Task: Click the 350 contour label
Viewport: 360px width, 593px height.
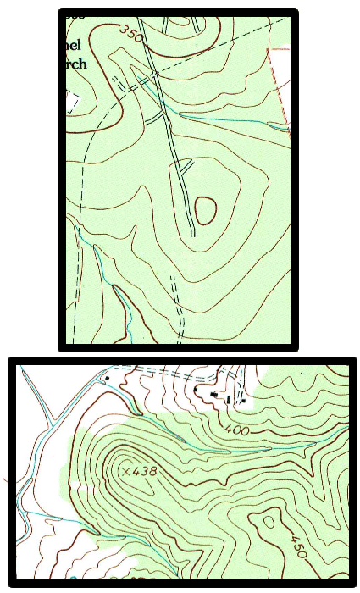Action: point(130,35)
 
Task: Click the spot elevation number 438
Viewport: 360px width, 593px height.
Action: point(150,470)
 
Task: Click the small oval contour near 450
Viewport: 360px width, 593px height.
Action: point(270,522)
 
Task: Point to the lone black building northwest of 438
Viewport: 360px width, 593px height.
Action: point(107,378)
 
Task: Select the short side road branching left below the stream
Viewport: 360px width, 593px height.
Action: point(155,122)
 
